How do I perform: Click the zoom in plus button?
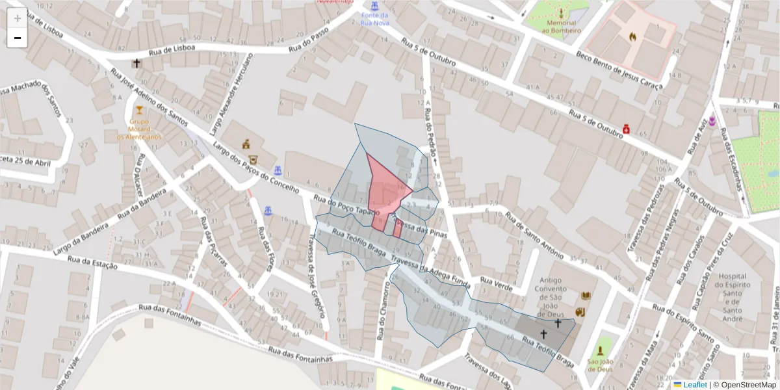tap(18, 18)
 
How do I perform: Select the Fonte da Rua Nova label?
tap(375, 19)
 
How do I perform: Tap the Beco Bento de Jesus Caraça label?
tap(619, 70)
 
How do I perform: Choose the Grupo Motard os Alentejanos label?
tap(139, 129)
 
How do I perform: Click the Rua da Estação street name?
tap(92, 262)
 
